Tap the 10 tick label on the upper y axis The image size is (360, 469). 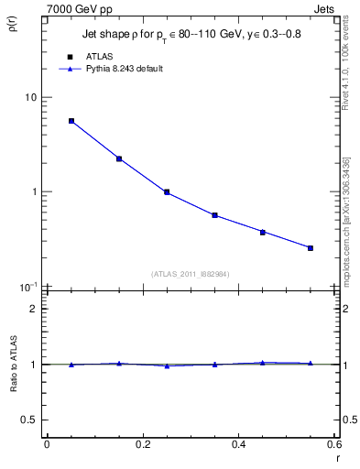30,97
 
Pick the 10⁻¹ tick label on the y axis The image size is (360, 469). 28,286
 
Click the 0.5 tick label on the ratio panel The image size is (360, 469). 29,420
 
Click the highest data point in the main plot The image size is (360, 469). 71,121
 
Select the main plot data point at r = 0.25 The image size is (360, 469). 167,192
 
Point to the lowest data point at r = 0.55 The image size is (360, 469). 311,247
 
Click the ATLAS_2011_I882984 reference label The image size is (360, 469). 191,273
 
